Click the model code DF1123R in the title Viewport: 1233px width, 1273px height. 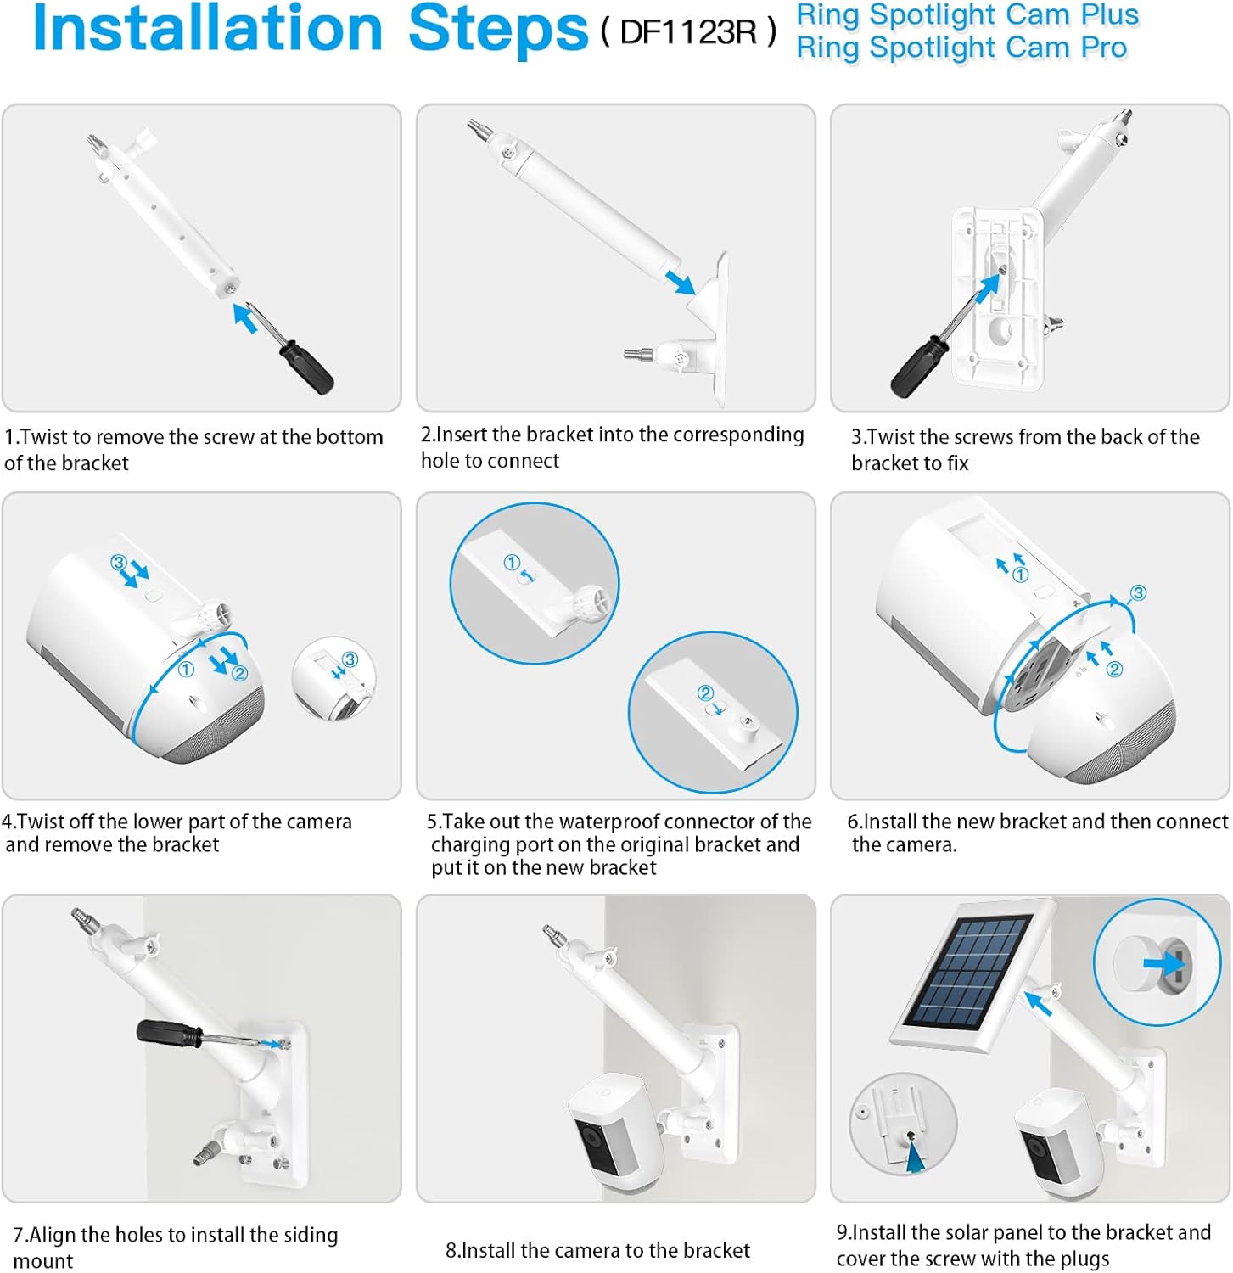(688, 32)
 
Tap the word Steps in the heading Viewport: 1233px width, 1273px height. (498, 30)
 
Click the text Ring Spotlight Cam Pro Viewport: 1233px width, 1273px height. (961, 48)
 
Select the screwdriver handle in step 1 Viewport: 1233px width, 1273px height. (306, 367)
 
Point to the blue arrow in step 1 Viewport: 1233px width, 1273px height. (245, 318)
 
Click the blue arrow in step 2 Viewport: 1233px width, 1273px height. (681, 282)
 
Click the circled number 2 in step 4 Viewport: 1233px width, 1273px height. (239, 673)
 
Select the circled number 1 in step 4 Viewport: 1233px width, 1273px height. (186, 670)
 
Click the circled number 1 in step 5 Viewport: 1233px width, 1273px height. (512, 563)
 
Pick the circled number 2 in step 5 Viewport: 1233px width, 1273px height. (705, 693)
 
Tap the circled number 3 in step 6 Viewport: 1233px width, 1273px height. (1138, 593)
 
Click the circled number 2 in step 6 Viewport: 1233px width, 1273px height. (1115, 669)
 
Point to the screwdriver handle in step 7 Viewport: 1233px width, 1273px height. (169, 1033)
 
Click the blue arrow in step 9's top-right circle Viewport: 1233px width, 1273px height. (1163, 962)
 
